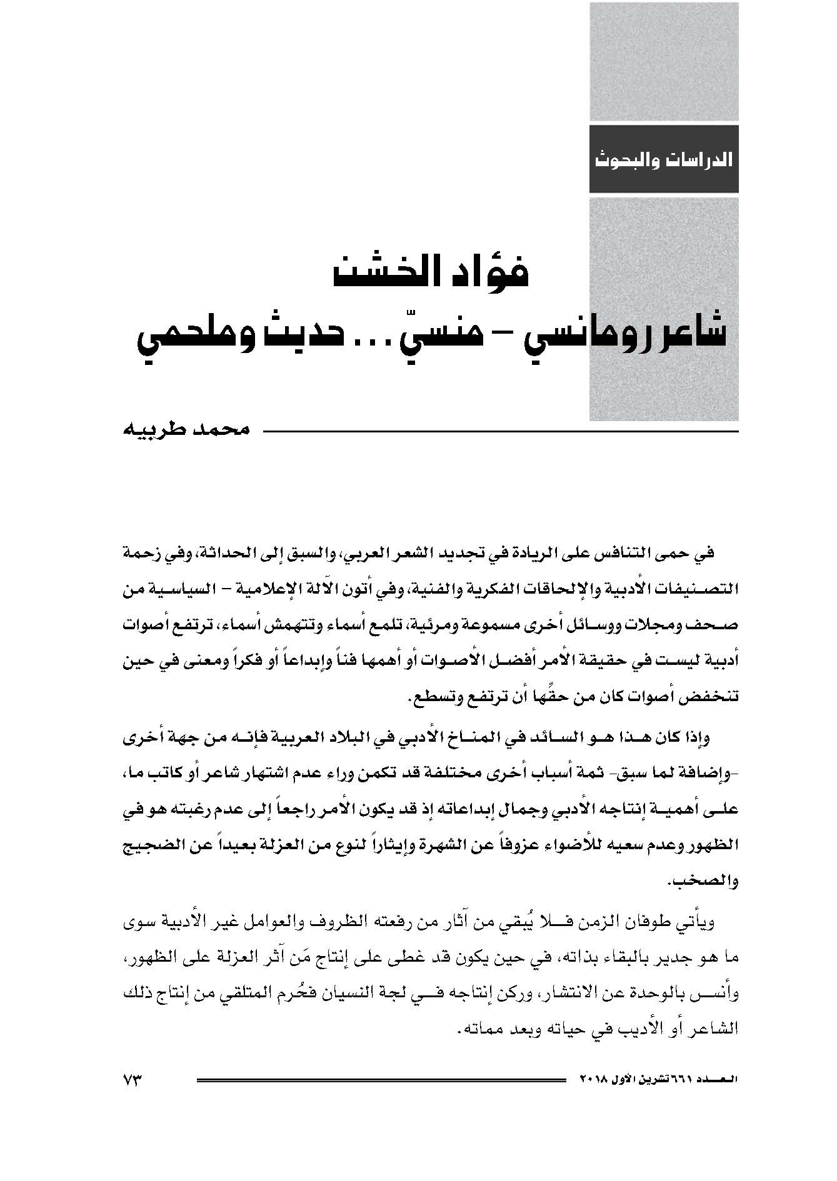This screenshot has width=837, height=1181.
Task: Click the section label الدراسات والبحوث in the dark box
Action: [664, 159]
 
